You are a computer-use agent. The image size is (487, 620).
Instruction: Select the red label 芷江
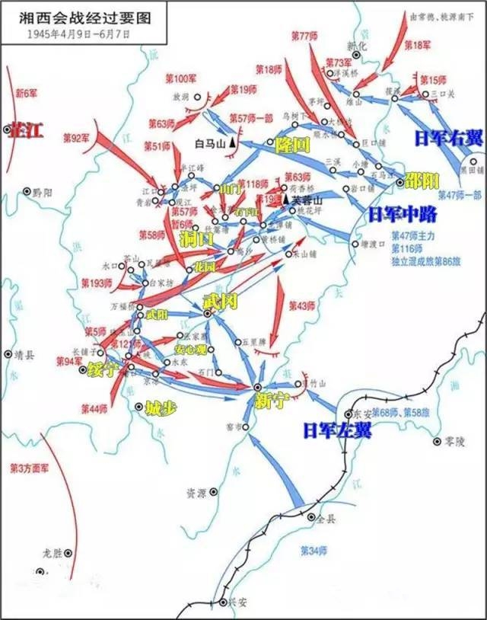tap(26, 129)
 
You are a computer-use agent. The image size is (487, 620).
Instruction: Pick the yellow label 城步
tap(161, 407)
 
